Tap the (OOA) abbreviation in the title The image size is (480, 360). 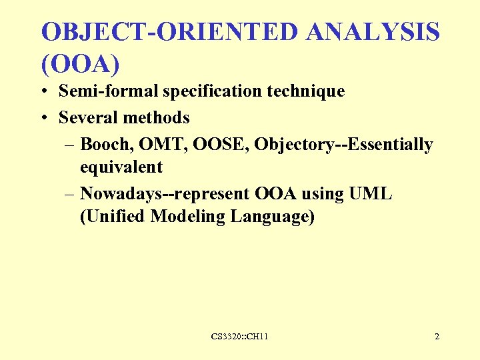click(x=80, y=64)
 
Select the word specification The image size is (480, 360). click(x=211, y=91)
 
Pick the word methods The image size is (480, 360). click(x=157, y=118)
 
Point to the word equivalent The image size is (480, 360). click(x=121, y=167)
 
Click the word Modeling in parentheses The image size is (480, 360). click(x=188, y=217)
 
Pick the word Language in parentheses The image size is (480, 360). click(x=273, y=217)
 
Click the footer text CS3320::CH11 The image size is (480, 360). click(x=239, y=337)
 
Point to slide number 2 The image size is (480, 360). click(x=437, y=337)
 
